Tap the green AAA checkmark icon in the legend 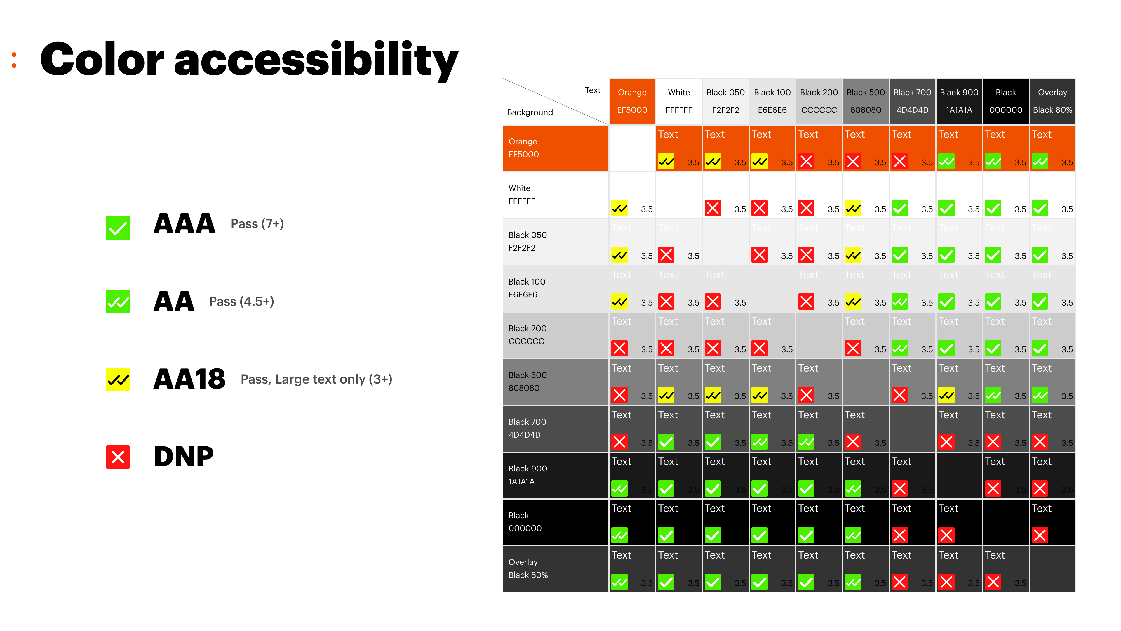[x=117, y=228]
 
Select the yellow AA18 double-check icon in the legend [x=117, y=379]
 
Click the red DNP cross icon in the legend [x=117, y=457]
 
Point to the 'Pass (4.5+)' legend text [x=241, y=301]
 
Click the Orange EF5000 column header [x=632, y=101]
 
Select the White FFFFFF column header [x=678, y=101]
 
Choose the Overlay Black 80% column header [x=1052, y=101]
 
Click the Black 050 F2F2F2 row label [x=528, y=241]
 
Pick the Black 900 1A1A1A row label [x=528, y=475]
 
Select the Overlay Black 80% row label [x=528, y=568]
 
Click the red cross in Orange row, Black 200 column [x=806, y=162]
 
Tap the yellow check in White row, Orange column [x=619, y=208]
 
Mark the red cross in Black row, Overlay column [x=1040, y=535]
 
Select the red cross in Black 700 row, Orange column [x=619, y=442]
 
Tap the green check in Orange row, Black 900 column [x=946, y=162]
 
